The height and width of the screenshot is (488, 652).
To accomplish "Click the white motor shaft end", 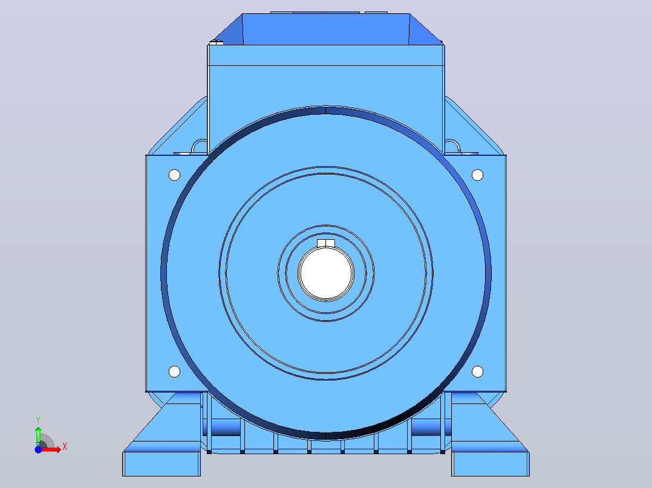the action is [326, 273].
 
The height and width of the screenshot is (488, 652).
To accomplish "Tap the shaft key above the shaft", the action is [326, 243].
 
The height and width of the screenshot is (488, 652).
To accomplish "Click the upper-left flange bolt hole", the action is [175, 175].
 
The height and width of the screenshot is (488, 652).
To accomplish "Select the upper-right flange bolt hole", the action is [477, 175].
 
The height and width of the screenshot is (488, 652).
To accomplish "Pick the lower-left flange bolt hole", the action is [175, 371].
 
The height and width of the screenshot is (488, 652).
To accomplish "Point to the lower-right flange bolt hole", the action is [477, 371].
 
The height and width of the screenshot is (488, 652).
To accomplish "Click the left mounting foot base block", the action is [161, 464].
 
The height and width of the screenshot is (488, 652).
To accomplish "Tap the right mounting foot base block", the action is [491, 464].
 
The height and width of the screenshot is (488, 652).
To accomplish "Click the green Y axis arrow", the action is [38, 435].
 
